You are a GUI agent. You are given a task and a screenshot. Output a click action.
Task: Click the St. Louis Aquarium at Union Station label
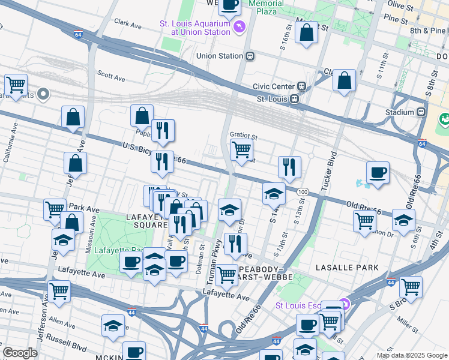(194, 28)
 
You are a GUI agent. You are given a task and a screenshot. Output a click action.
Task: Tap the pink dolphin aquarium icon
(240, 27)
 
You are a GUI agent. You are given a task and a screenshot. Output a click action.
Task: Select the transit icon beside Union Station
(250, 56)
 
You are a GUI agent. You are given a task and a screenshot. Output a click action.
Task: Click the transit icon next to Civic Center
(303, 86)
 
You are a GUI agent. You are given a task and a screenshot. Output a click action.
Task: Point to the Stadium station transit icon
(421, 112)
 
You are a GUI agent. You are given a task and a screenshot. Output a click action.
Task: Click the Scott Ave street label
(111, 77)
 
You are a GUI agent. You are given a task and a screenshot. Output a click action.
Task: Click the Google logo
(20, 353)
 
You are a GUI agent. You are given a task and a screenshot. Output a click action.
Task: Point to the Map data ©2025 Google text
(411, 355)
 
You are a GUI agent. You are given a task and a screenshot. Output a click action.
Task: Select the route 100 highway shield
(303, 191)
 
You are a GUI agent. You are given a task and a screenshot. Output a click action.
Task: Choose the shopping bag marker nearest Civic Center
(344, 81)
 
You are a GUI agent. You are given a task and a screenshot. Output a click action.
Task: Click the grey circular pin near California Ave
(43, 94)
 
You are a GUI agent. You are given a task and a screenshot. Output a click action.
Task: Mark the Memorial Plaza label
(266, 7)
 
